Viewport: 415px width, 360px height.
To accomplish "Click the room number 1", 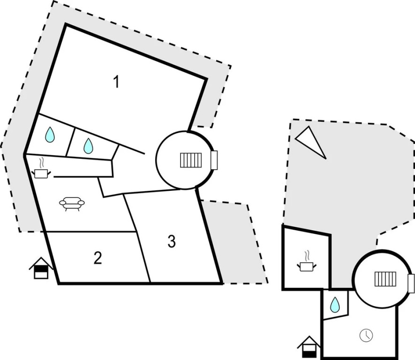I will (x=116, y=82).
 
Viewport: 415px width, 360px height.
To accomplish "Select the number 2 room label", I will (x=98, y=257).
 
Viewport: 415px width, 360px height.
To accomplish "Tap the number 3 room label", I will (x=172, y=241).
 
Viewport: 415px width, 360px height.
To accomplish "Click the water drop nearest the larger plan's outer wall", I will (x=50, y=135).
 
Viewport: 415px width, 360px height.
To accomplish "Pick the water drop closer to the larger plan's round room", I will (x=88, y=146).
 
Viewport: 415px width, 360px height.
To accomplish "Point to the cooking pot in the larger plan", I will (x=42, y=173).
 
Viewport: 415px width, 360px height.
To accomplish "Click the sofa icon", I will (x=72, y=203).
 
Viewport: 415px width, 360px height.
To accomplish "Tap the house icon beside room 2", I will (x=41, y=268).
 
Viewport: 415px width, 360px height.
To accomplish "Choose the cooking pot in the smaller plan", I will (x=307, y=266).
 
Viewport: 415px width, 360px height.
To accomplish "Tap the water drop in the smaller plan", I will (x=335, y=305).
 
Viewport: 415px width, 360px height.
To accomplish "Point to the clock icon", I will (x=366, y=335).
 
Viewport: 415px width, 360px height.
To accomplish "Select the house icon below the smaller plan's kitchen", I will (x=309, y=346).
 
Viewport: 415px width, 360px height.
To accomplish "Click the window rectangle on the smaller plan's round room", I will (x=411, y=283).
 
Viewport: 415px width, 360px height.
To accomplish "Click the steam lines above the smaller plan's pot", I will (x=307, y=256).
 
